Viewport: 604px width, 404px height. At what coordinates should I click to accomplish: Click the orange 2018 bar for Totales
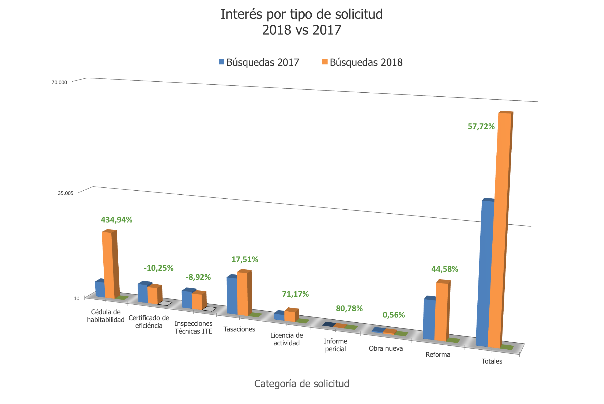click(500, 230)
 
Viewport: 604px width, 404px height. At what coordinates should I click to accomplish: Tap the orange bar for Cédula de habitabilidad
click(108, 265)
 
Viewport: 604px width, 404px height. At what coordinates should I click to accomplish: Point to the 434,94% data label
click(116, 220)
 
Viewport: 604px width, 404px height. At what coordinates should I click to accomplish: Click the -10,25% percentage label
click(158, 268)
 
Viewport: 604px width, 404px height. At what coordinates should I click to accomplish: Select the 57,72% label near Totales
click(481, 126)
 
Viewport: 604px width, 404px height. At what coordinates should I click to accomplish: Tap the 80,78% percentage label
click(349, 308)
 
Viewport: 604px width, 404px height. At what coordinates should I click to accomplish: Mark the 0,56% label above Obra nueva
click(394, 315)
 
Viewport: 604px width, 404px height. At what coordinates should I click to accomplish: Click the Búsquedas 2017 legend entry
click(259, 62)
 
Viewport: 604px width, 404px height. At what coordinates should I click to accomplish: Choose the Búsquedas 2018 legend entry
click(362, 62)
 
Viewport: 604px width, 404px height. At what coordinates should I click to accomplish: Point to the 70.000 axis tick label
click(59, 82)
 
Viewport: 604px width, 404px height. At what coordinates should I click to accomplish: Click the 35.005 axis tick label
click(66, 193)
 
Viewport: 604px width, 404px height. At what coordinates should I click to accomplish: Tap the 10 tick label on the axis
click(77, 299)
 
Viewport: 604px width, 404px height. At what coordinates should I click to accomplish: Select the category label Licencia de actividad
click(286, 339)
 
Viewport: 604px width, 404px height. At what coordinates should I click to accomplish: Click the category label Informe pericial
click(335, 345)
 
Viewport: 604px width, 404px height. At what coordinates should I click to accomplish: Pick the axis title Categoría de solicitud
click(302, 384)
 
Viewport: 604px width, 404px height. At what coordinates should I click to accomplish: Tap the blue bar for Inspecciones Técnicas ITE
click(187, 299)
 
